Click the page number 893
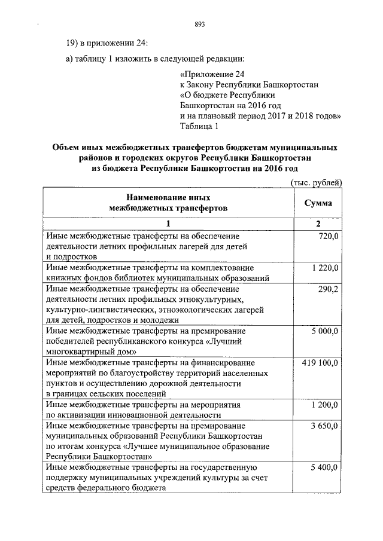[x=200, y=25]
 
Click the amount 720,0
[x=329, y=237]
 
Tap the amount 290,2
[x=329, y=289]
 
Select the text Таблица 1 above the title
[x=199, y=127]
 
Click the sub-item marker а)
[x=69, y=58]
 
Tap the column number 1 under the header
[x=168, y=224]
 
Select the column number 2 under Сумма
[x=318, y=224]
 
